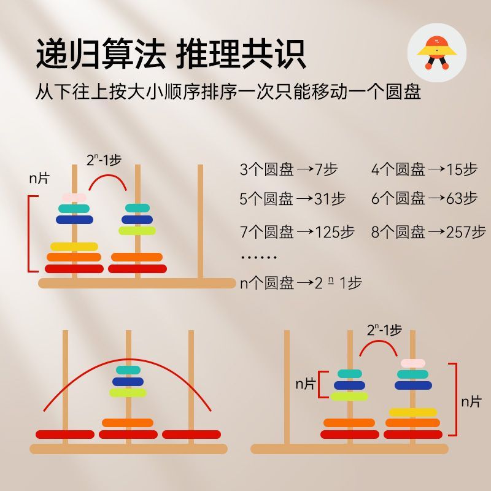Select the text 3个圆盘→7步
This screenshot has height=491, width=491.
288,169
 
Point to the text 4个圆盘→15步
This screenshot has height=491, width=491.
424,169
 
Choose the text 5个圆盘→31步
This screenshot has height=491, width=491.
292,199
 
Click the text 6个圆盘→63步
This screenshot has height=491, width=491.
424,199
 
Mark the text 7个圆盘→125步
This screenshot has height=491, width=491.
297,232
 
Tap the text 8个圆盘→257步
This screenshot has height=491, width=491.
428,232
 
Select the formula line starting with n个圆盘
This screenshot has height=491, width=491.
301,283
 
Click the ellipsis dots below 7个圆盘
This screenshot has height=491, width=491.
258,257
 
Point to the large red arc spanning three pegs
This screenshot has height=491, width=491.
128,362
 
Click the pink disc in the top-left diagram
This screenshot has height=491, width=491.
74,198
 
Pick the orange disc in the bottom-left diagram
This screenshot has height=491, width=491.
128,422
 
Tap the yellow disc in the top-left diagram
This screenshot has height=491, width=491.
74,246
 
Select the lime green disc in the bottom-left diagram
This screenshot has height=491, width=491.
128,392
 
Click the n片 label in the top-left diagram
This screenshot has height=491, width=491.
39,179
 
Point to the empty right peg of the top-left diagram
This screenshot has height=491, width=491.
199,221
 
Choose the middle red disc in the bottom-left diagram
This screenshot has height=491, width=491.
128,435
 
